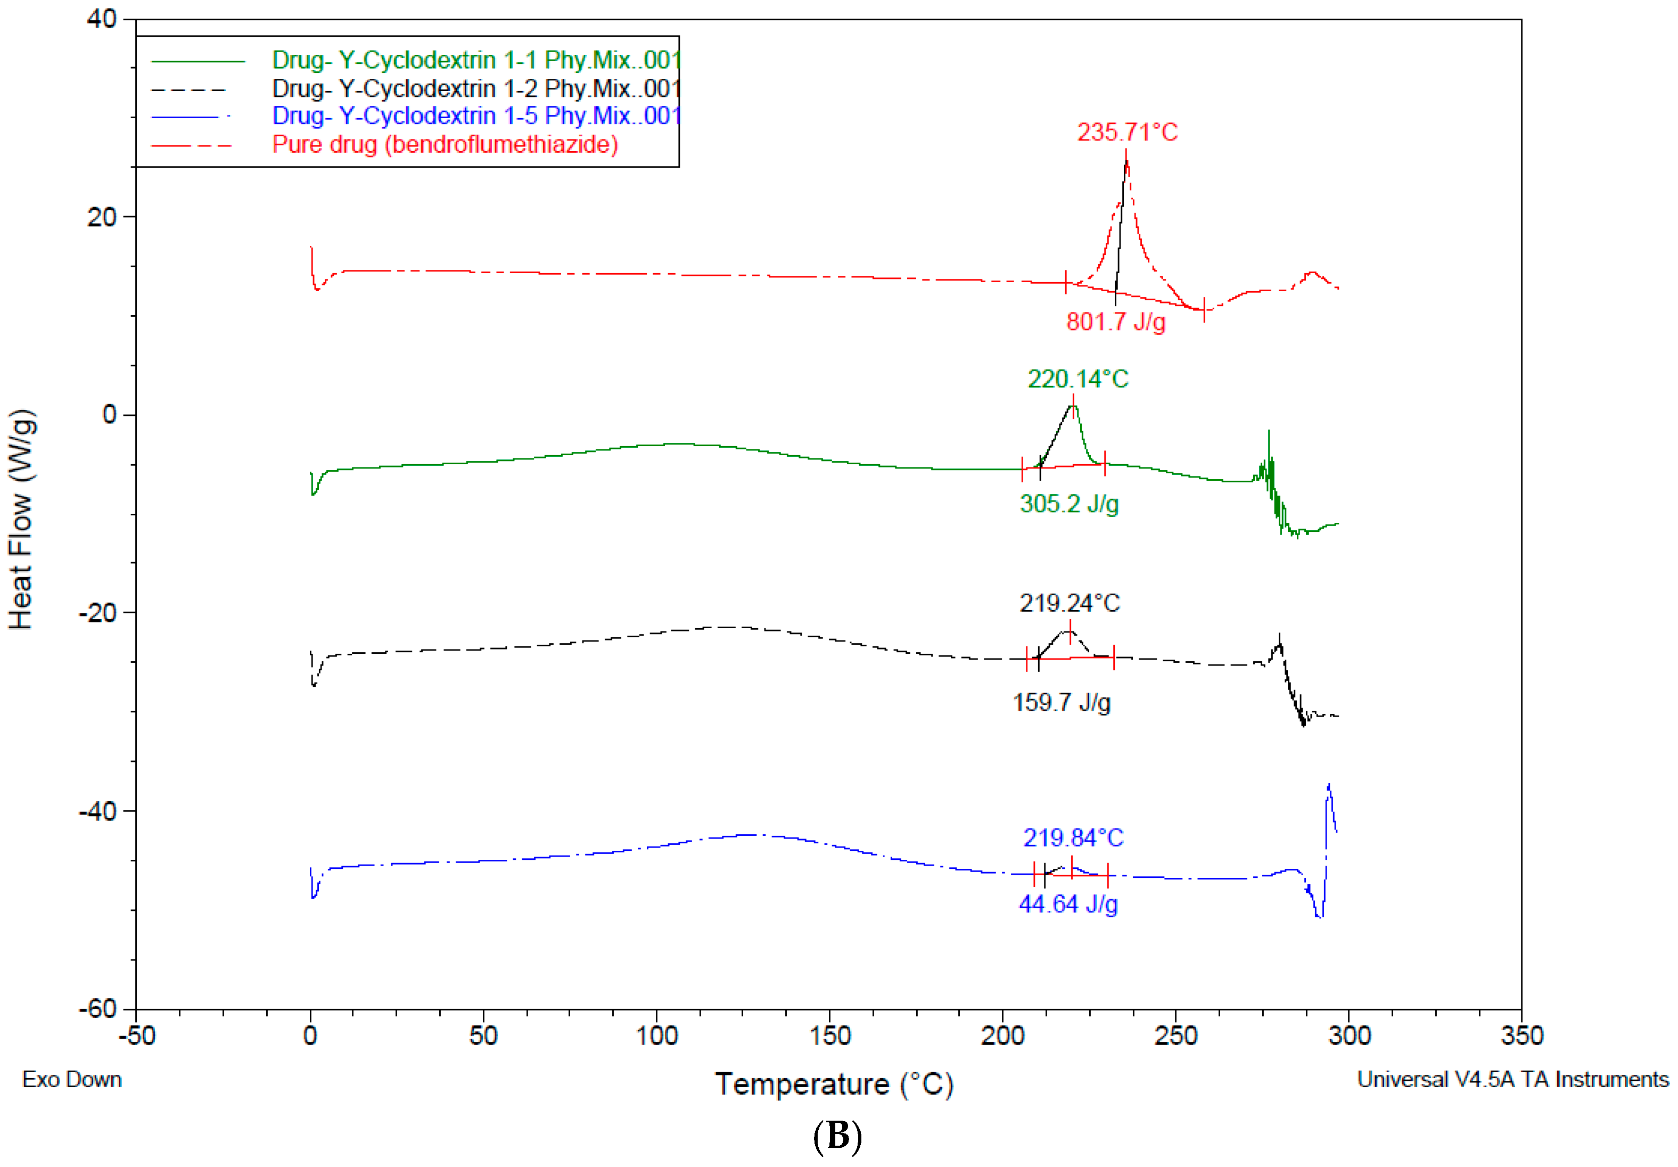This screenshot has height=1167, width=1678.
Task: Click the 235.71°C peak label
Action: [x=1127, y=132]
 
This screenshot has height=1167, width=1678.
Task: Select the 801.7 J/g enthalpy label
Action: [x=1115, y=322]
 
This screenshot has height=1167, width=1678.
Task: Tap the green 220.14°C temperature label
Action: [x=1078, y=379]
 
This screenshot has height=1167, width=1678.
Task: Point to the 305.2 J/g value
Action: [x=1068, y=504]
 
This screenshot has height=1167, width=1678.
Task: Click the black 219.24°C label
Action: [x=1069, y=603]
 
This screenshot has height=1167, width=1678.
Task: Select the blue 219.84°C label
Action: [x=1073, y=837]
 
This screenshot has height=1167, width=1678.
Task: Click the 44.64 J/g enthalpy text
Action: [x=1068, y=904]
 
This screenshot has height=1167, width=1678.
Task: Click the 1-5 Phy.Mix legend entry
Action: [x=476, y=116]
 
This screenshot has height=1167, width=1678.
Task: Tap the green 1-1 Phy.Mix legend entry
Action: [x=476, y=60]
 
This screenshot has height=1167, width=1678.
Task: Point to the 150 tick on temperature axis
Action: [x=829, y=1035]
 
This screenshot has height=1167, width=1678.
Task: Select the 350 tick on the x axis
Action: [x=1521, y=1035]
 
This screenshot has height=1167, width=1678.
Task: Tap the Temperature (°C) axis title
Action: [x=834, y=1084]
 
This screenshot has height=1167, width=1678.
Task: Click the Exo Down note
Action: [x=72, y=1079]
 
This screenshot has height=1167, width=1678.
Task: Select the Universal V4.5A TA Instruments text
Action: [x=1512, y=1079]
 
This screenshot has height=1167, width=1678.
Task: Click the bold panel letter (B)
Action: [x=837, y=1137]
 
